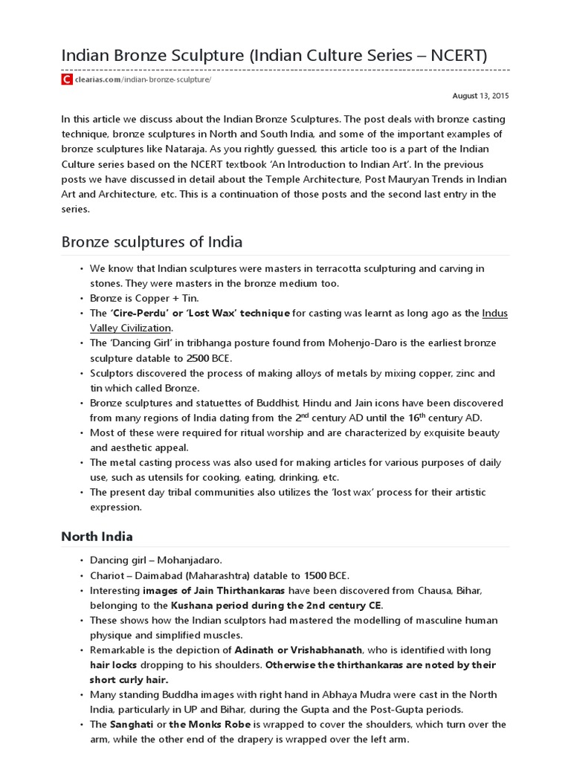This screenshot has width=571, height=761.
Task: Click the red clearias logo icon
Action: [x=67, y=80]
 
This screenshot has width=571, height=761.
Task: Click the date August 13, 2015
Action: [x=481, y=96]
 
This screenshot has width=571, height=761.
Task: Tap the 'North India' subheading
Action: [x=97, y=536]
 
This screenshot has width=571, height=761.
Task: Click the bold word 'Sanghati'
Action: [x=138, y=724]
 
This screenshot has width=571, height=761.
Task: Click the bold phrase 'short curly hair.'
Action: [x=129, y=679]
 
